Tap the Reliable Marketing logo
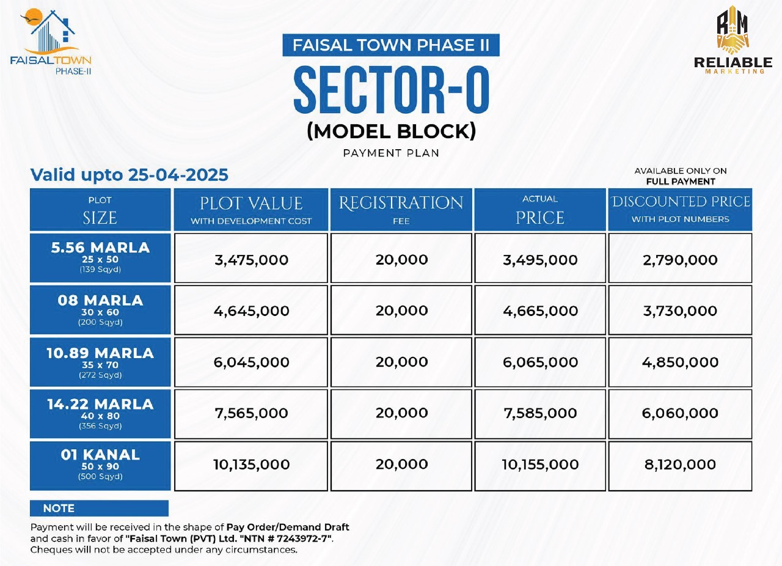(x=733, y=40)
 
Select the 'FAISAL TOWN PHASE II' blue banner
(x=391, y=45)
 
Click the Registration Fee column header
(x=401, y=210)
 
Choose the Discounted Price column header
(x=681, y=210)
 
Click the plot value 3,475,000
(x=251, y=260)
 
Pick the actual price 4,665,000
(x=540, y=311)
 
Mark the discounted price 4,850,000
(x=680, y=362)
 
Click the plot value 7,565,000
(x=251, y=414)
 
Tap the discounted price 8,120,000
(x=680, y=465)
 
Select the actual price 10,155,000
(x=540, y=465)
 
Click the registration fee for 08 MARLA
(x=401, y=311)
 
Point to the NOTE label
(x=59, y=509)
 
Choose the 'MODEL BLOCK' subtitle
(x=391, y=131)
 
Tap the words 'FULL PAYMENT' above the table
(x=681, y=182)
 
